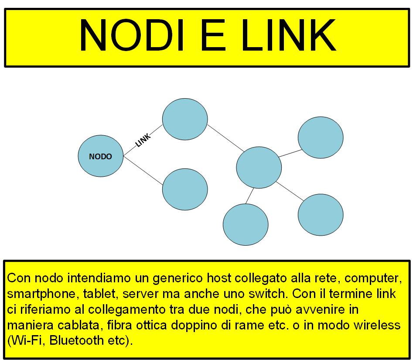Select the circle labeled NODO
point(100,156)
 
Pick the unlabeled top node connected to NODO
point(184,119)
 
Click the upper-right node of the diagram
point(321,137)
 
